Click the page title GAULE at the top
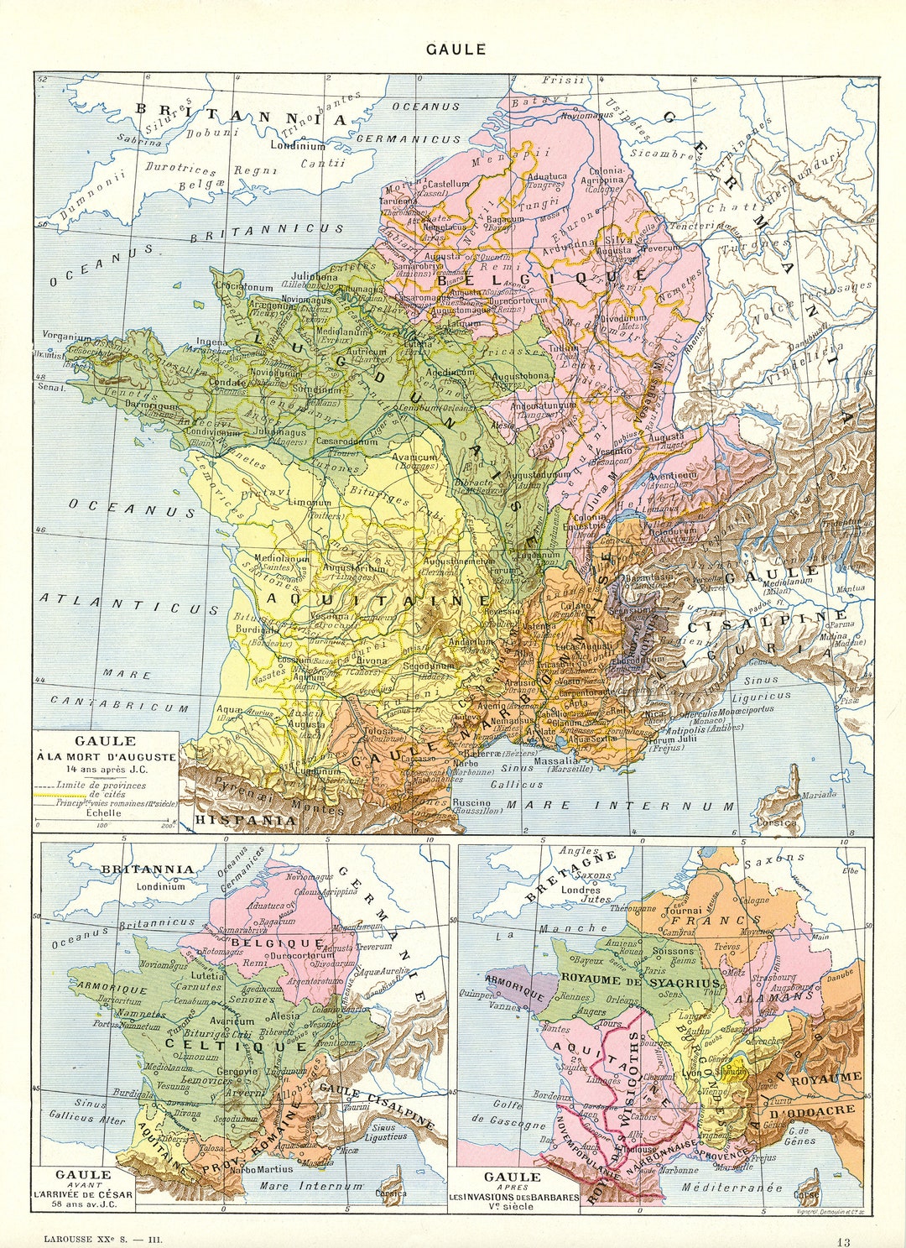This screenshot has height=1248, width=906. point(456,49)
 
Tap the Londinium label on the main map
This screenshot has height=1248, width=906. point(297,145)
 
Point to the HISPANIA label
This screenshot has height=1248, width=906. point(245,819)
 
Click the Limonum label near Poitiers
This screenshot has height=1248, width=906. point(310,503)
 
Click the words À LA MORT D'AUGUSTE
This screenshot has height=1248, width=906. point(106,756)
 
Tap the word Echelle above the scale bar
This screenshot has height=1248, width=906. point(104,812)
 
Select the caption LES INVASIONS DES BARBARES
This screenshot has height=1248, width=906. point(513,1197)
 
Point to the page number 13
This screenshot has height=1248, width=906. point(842,1240)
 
